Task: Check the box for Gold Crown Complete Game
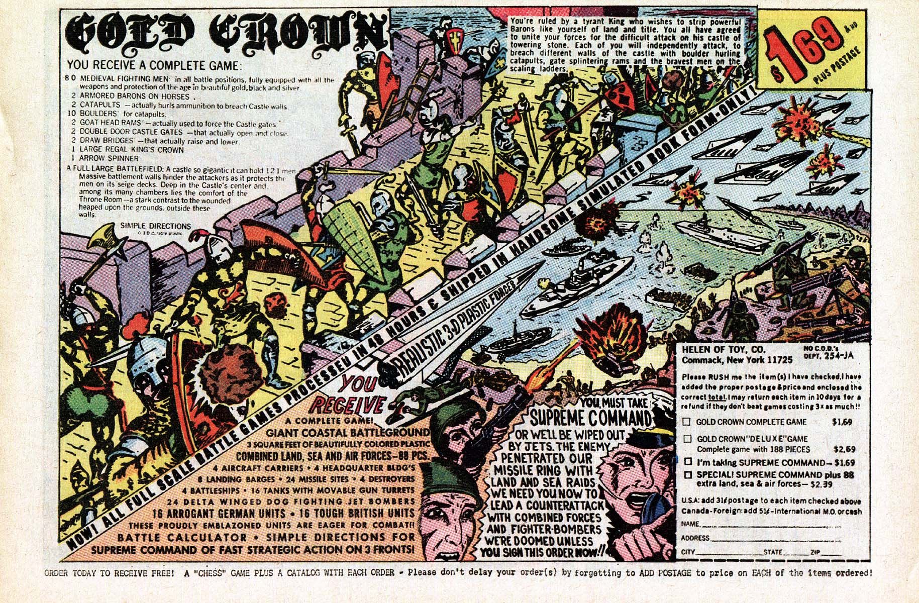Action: click(x=686, y=422)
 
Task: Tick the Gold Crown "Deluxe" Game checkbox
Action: click(x=686, y=439)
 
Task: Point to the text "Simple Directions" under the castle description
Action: click(x=156, y=226)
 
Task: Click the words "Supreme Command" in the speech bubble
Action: click(x=591, y=418)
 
